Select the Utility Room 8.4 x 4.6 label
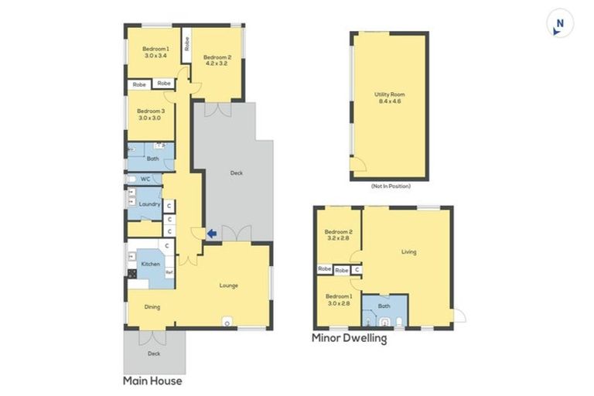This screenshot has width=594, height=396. [390, 98]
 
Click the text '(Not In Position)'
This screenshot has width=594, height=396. [390, 186]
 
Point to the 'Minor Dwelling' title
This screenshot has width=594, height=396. [349, 338]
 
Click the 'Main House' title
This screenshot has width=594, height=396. [152, 381]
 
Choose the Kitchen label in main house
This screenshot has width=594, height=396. [150, 265]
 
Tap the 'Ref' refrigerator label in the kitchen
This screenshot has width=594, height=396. [169, 272]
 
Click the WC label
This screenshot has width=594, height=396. [145, 179]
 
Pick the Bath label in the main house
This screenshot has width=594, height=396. [152, 159]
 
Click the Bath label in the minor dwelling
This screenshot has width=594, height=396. [384, 306]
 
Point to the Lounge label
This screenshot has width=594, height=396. [228, 285]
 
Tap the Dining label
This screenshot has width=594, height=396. [152, 307]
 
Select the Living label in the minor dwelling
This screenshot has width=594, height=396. [408, 251]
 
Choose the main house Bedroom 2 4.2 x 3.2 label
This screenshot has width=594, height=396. [217, 60]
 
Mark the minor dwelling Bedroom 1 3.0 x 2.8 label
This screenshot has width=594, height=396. [338, 300]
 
